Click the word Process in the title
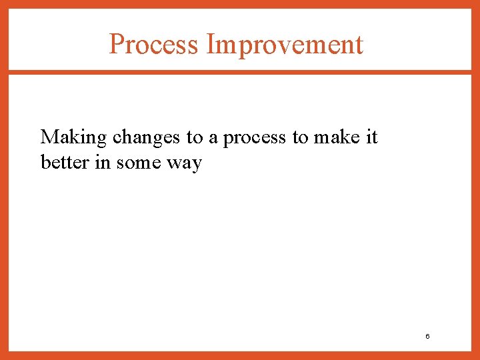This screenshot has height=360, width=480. (x=153, y=45)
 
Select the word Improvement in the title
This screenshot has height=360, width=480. (x=285, y=45)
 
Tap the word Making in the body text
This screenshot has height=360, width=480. (x=73, y=137)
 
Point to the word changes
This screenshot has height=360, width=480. (x=146, y=137)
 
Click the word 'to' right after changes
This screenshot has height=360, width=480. (x=194, y=138)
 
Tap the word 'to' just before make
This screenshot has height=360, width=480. (x=300, y=138)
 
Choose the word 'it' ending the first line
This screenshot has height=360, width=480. (x=371, y=137)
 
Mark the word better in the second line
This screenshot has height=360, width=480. (x=65, y=162)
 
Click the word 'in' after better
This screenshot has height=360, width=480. (x=103, y=162)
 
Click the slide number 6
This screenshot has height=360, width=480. (x=427, y=337)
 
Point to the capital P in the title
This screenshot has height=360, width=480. (x=116, y=45)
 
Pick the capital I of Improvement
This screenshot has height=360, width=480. (x=211, y=45)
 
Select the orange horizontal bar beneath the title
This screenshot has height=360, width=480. (x=240, y=72)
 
